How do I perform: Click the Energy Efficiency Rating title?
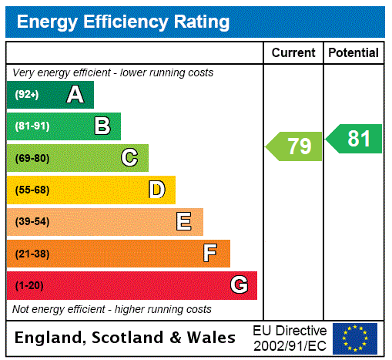123,22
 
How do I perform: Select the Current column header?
293,53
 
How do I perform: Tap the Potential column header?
353,53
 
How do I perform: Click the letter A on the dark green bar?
75,95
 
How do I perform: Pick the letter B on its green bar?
102,126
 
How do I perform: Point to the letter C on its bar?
129,158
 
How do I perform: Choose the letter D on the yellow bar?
156,190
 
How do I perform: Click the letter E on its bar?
184,222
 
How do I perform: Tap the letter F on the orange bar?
209,253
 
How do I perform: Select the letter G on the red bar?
239,285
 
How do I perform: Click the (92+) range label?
27,96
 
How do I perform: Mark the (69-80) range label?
32,159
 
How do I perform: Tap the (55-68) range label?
32,190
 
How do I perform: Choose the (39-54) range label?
32,222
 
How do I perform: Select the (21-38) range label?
32,254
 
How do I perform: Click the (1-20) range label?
29,286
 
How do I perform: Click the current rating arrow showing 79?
294,146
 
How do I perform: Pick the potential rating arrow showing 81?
354,139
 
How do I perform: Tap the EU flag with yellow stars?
355,338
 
